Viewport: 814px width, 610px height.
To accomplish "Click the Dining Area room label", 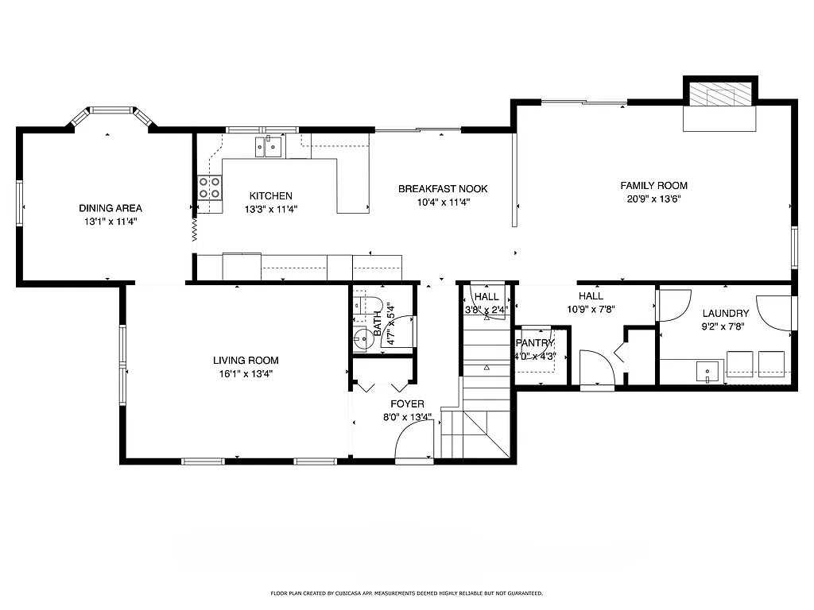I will pyautogui.click(x=110, y=208).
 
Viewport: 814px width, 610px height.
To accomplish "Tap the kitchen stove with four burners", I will pyautogui.click(x=209, y=187).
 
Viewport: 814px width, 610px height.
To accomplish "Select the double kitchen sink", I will pyautogui.click(x=269, y=146).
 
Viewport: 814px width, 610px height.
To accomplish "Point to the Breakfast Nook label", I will pyautogui.click(x=443, y=189).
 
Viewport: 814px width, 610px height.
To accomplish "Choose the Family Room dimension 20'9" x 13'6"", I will pyautogui.click(x=653, y=199).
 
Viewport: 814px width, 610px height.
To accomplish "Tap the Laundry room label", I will pyautogui.click(x=725, y=314).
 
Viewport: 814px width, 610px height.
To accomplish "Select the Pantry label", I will pyautogui.click(x=535, y=343).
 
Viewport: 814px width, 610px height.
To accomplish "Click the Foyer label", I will pyautogui.click(x=406, y=404).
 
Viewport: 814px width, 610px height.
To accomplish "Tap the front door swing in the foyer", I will pyautogui.click(x=414, y=441).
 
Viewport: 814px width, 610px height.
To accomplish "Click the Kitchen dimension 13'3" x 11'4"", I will pyautogui.click(x=270, y=210).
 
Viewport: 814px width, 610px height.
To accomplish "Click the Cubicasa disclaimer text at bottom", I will pyautogui.click(x=406, y=593).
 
